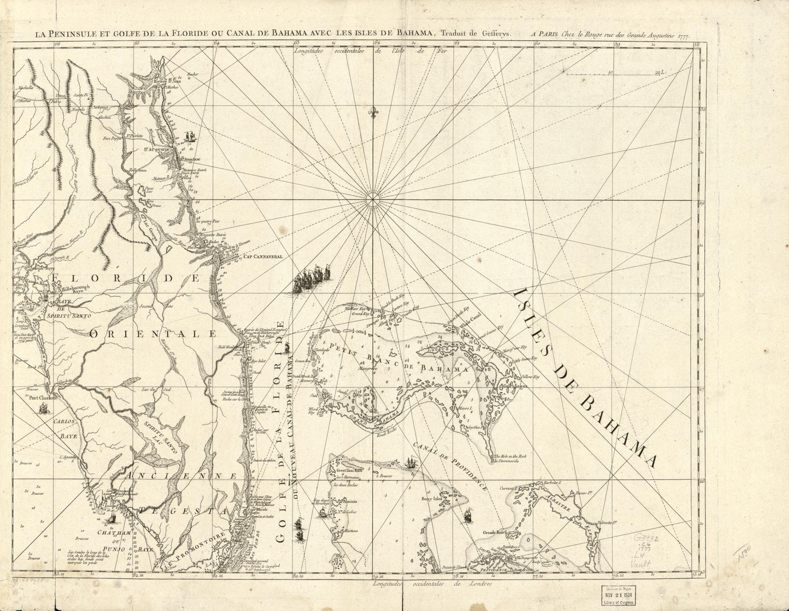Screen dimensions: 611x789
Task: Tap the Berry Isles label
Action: (431, 497)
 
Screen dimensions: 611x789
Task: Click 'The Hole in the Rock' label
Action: (510, 456)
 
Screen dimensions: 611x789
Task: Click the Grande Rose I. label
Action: (494, 533)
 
